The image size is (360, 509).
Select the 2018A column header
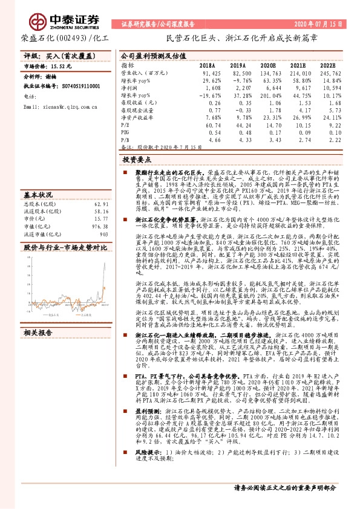coord(207,65)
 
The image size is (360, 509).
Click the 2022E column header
coord(327,65)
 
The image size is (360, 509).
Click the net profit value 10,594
coord(327,88)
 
